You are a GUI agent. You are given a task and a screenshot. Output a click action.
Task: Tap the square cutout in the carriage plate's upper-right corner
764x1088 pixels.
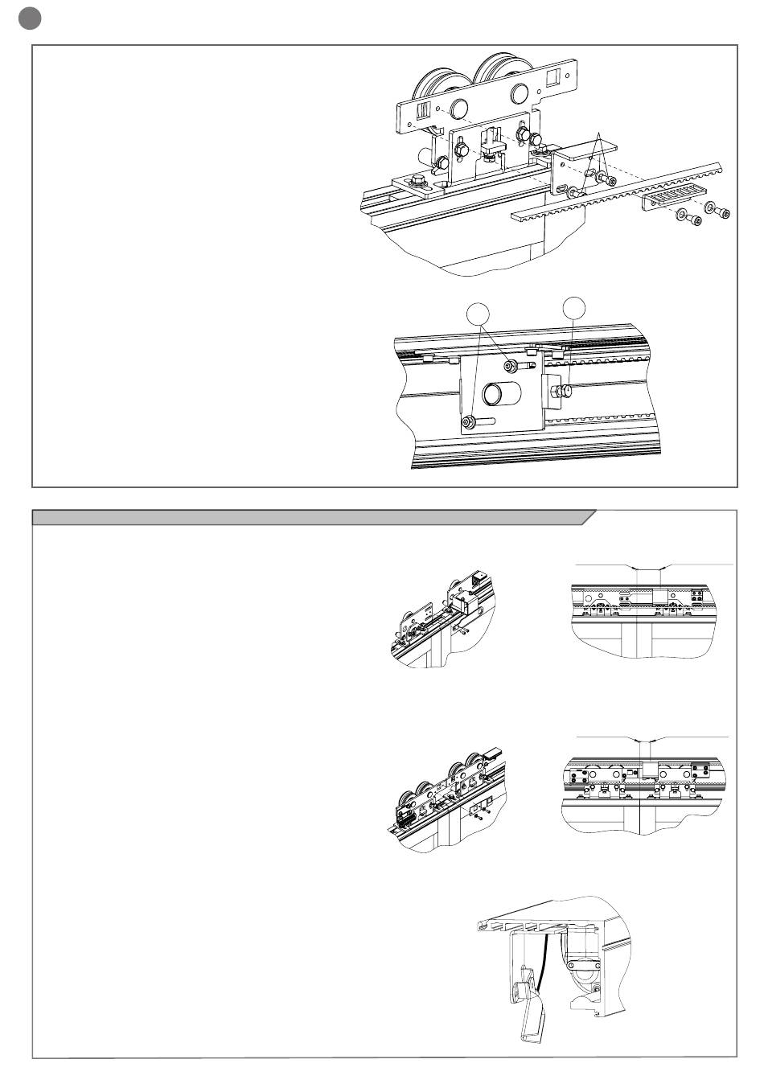pos(554,78)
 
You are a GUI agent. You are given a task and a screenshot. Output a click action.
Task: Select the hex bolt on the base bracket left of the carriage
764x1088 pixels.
pos(418,180)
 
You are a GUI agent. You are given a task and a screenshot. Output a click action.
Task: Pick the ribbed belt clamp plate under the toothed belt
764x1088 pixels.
pos(674,196)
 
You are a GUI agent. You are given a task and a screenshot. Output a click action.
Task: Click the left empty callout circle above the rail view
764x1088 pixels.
pos(478,313)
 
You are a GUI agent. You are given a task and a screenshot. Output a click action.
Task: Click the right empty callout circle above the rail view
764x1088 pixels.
pos(574,306)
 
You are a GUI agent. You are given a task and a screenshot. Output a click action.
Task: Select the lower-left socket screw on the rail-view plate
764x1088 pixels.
pos(468,421)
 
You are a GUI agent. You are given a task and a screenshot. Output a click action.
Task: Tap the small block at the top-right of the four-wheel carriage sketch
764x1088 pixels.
pos(493,752)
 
